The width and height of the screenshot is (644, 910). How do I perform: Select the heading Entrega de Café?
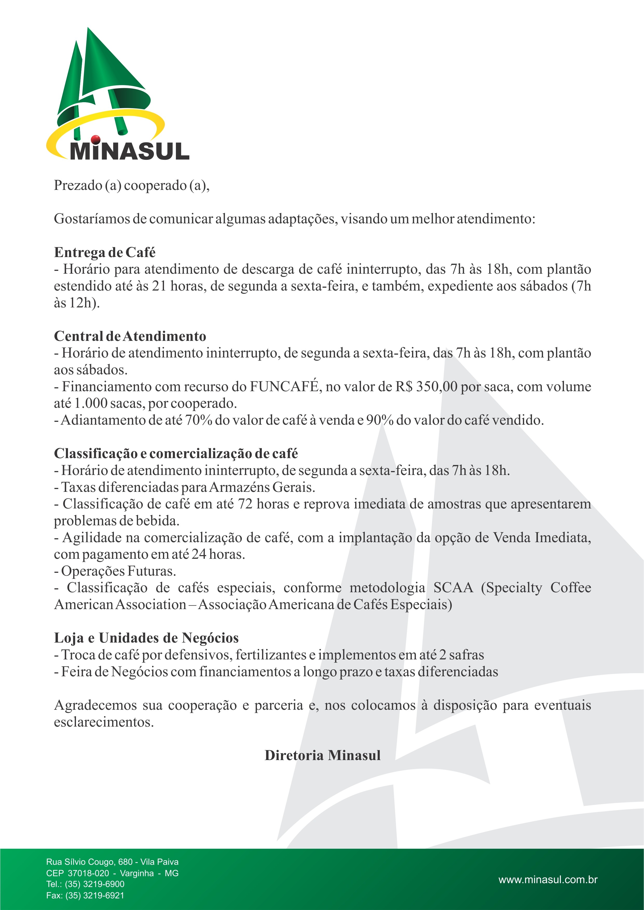click(x=105, y=252)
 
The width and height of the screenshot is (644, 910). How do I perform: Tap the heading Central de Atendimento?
click(x=130, y=336)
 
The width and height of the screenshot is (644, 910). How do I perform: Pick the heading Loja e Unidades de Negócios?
click(x=146, y=638)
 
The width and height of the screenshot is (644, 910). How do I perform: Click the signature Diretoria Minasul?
click(x=323, y=755)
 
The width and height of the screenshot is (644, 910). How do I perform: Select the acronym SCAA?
click(x=453, y=587)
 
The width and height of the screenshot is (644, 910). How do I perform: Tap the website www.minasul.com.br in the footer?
click(x=548, y=879)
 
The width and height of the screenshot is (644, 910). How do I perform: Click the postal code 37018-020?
click(x=88, y=873)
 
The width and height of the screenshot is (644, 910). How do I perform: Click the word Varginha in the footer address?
click(x=137, y=873)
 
